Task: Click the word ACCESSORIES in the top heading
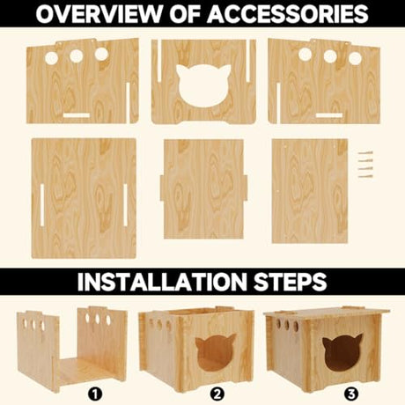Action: point(283,14)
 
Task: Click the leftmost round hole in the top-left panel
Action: point(52,57)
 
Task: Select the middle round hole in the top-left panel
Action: point(77,55)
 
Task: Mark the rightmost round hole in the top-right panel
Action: point(355,56)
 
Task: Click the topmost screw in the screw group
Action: point(365,154)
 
